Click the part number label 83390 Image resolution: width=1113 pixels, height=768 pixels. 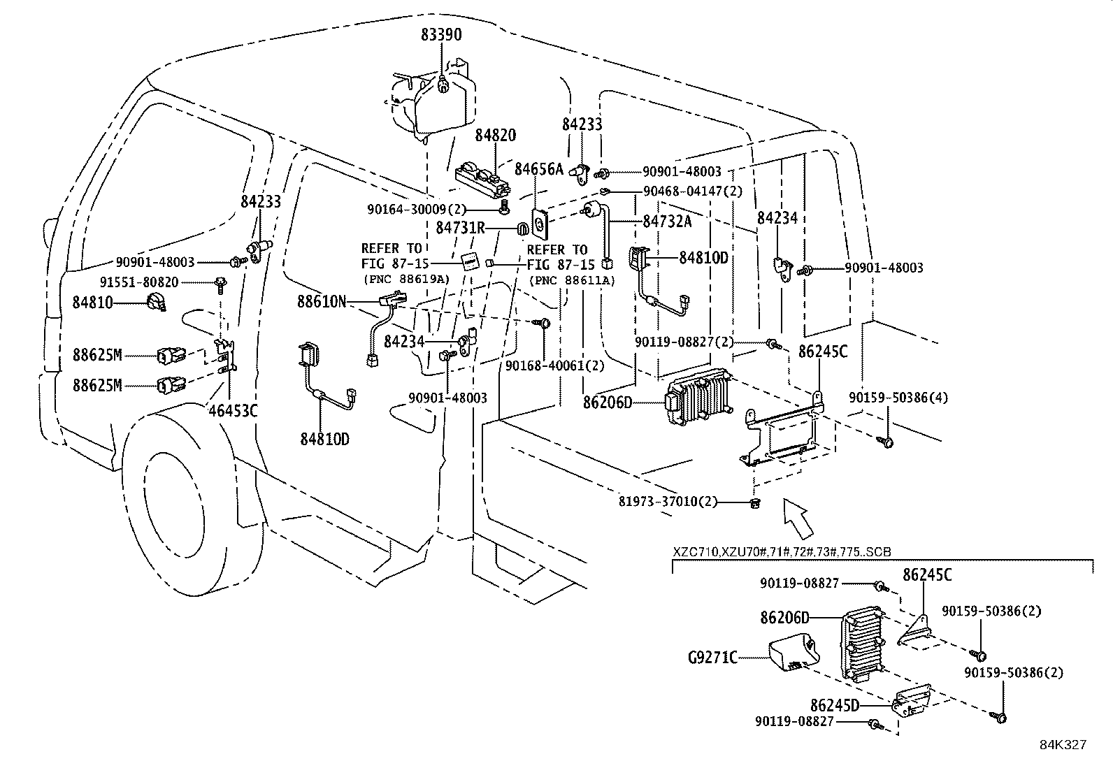(x=441, y=34)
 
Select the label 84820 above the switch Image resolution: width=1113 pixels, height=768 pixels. (x=496, y=135)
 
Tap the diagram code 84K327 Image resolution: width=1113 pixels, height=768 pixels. (x=1061, y=745)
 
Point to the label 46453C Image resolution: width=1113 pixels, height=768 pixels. (x=233, y=410)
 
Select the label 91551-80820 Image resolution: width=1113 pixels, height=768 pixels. (x=138, y=282)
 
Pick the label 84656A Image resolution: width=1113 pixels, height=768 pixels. (x=538, y=169)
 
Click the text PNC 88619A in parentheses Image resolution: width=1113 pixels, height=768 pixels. (x=405, y=279)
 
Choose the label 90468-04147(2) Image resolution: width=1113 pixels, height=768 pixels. (x=693, y=190)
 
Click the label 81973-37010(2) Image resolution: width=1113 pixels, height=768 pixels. (x=668, y=502)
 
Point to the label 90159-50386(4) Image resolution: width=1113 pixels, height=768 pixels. (x=898, y=397)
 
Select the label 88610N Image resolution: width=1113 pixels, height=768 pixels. (x=322, y=301)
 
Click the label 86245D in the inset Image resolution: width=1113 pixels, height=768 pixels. (x=834, y=705)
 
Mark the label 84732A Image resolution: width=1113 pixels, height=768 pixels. (x=667, y=221)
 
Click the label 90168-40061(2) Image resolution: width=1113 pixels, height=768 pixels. (x=554, y=364)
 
